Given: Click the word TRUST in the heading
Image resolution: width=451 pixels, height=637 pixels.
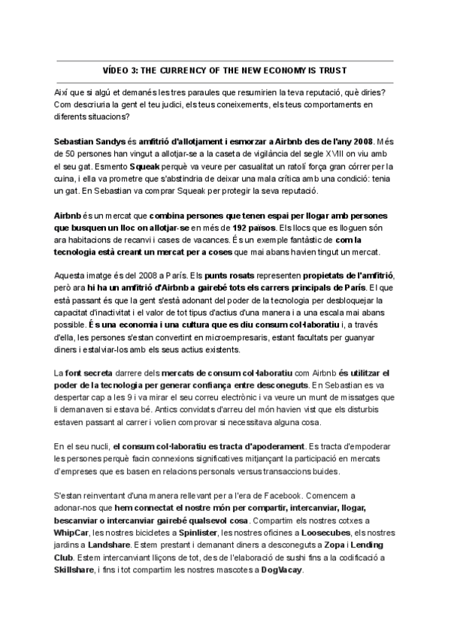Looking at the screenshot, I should point(332,71).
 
